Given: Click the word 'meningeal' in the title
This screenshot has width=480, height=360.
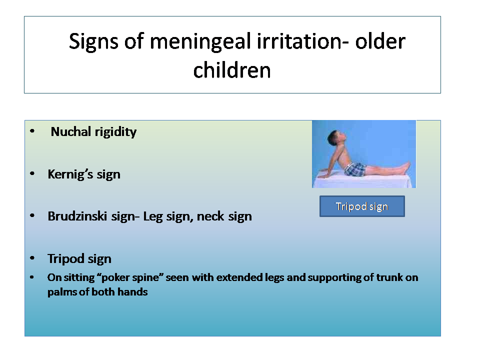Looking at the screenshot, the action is tap(200, 41).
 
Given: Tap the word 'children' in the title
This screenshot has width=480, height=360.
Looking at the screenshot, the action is tap(232, 70).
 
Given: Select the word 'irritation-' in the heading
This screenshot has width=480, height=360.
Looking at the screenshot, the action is tap(302, 41).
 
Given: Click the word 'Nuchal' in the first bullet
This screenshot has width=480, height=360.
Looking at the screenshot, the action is tap(71, 131).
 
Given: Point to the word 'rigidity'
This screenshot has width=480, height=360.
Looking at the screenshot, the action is tap(115, 132).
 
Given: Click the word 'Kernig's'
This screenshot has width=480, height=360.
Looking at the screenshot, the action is tap(70, 174).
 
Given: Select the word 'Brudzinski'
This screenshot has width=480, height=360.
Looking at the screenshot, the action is tap(77, 216).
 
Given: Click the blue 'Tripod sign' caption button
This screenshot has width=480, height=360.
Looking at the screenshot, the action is tap(362, 206).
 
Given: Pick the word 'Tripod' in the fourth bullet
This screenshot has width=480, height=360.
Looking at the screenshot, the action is tap(66, 259).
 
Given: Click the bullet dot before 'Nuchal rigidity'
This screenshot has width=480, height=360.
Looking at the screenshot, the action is tap(32, 131).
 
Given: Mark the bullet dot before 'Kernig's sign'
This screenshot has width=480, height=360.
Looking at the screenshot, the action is tap(32, 174).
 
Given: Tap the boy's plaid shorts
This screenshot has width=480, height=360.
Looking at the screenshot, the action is tap(355, 169).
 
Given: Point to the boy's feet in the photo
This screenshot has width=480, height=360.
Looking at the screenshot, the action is tap(406, 167).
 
